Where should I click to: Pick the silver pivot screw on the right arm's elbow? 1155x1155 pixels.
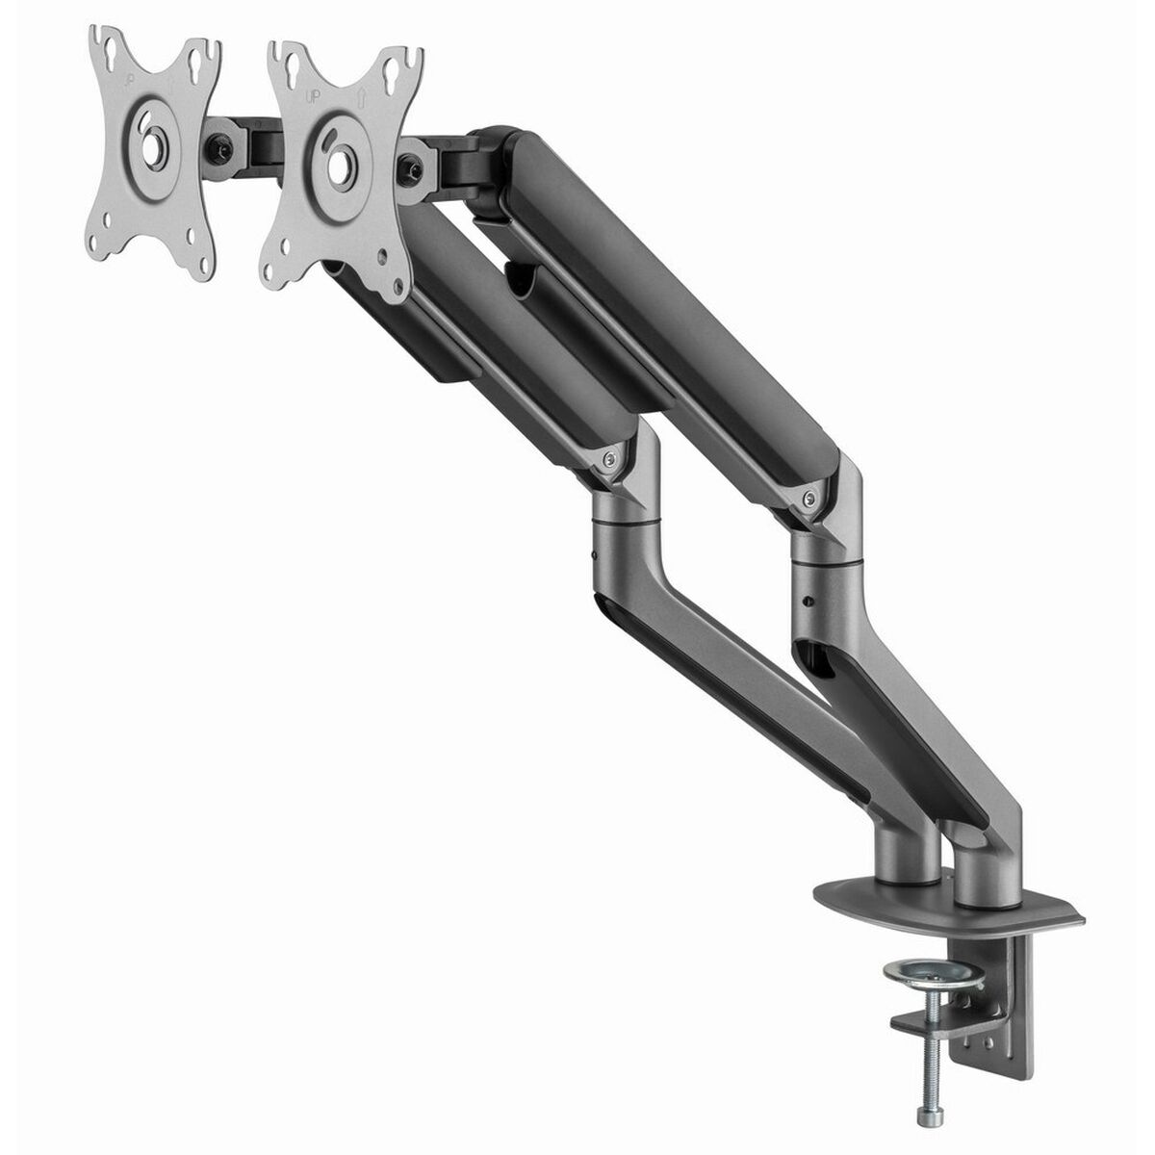[811, 499]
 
